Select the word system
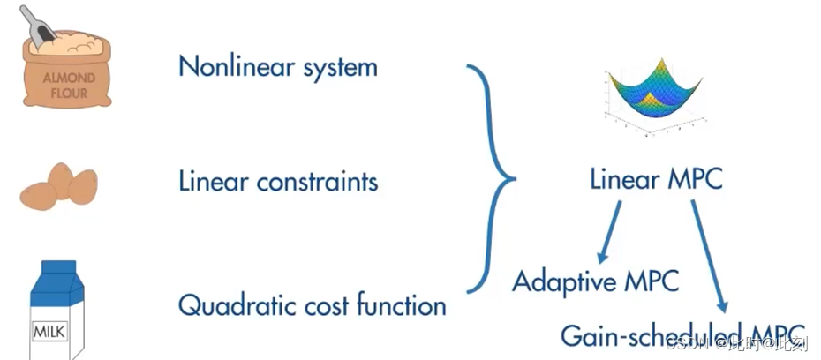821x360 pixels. click(x=339, y=68)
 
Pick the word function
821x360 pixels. click(x=402, y=305)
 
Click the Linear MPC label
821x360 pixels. click(x=655, y=180)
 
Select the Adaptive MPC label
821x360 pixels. click(x=596, y=282)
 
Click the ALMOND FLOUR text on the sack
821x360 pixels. click(x=67, y=83)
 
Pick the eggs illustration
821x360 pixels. click(x=60, y=185)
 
